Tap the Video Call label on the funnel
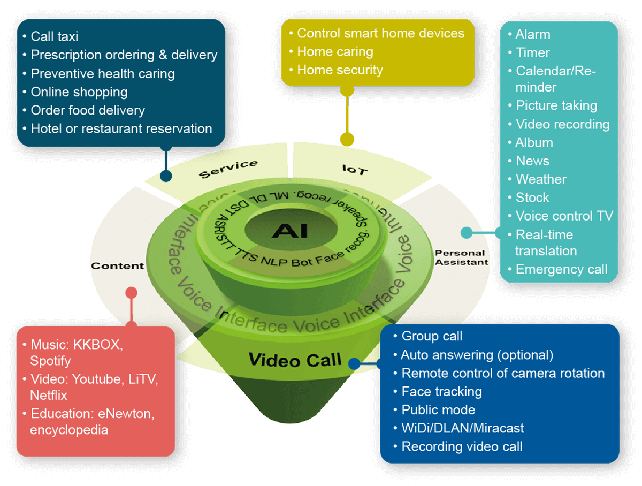295,360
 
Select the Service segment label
228,169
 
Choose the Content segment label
118,265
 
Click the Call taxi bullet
55,36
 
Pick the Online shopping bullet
79,92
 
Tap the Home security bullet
340,70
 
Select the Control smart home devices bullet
380,33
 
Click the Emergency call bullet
561,269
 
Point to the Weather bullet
540,179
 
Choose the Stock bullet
532,198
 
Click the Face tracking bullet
441,391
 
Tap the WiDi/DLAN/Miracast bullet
462,428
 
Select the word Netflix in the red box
49,396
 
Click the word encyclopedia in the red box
69,430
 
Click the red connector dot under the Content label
131,293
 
